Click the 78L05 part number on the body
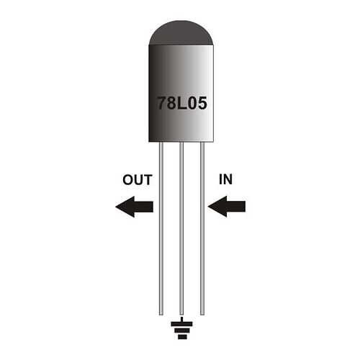tap(181, 103)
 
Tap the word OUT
tap(137, 181)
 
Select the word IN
tap(224, 181)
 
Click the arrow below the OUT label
tap(135, 207)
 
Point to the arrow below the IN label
tap(226, 207)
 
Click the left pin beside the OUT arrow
tap(161, 230)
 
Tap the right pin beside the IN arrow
tap(202, 230)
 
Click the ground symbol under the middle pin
tap(181, 330)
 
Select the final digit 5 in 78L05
tap(202, 103)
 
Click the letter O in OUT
tap(127, 181)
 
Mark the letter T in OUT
tap(147, 181)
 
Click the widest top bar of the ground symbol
tap(181, 323)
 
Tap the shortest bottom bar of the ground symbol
tap(181, 336)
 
